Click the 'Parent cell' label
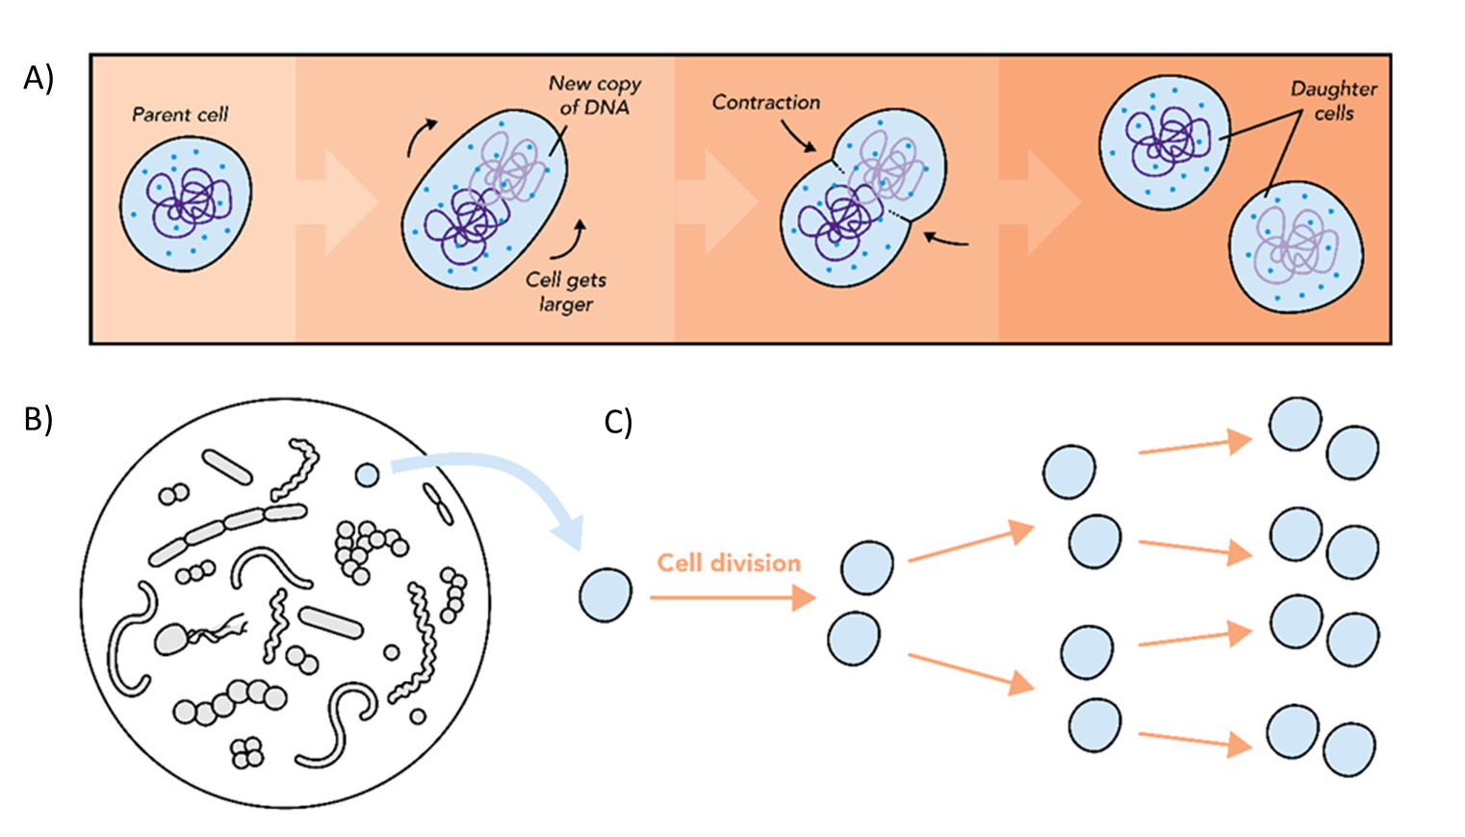(180, 115)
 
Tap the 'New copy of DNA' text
(594, 95)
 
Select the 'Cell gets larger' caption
(566, 292)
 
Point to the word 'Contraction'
(766, 102)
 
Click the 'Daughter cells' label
(1333, 100)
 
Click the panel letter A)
(39, 78)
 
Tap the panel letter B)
(39, 419)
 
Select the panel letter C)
(618, 422)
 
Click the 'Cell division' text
(729, 562)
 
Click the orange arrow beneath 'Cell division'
(732, 598)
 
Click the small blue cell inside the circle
(367, 474)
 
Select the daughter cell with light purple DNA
(1296, 247)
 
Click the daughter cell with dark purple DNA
(1165, 142)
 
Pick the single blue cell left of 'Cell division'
(605, 594)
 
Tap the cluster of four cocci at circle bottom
(247, 753)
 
